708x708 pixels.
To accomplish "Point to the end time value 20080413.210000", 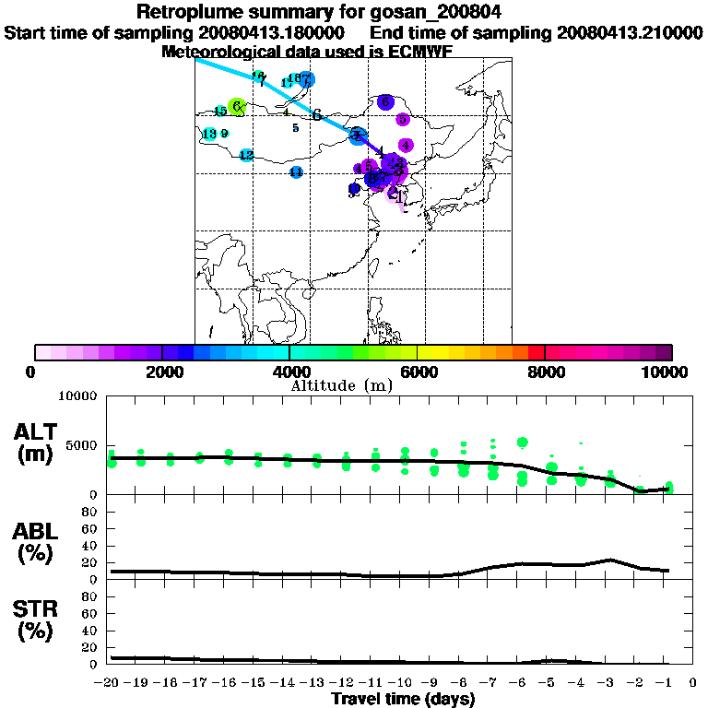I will (630, 32).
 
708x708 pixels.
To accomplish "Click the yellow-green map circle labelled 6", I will (237, 107).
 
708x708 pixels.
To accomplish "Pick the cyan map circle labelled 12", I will (246, 155).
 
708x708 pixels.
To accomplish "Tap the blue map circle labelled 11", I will (296, 171).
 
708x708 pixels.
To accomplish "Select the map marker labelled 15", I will (220, 112).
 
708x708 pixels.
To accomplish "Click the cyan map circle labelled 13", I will (209, 134).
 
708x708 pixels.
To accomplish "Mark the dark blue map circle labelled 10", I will (354, 189).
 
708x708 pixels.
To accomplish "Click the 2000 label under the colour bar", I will (162, 372).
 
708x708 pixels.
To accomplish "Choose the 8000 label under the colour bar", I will (545, 372).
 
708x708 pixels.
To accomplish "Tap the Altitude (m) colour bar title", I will (341, 384).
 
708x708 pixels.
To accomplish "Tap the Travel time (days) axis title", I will (403, 699).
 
